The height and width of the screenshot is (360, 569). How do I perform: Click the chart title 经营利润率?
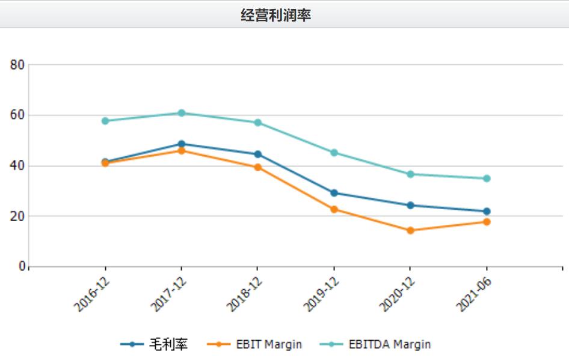[x=275, y=15]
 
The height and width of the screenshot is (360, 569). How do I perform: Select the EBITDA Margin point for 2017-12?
[x=181, y=113]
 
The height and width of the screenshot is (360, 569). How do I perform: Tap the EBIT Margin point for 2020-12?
[x=410, y=230]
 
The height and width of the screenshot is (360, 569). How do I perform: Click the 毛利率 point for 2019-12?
[x=334, y=193]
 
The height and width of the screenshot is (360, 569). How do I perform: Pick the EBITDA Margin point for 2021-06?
[x=487, y=178]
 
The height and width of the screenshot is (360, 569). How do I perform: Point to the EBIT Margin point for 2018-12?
[x=257, y=167]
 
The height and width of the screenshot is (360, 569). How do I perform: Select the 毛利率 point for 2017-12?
[x=181, y=144]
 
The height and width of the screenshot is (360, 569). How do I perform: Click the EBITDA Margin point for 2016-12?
[x=105, y=121]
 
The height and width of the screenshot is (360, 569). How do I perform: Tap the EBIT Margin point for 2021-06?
[x=487, y=222]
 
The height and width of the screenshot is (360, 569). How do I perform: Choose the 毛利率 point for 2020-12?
[x=410, y=205]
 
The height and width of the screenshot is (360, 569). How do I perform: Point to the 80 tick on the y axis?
[x=17, y=65]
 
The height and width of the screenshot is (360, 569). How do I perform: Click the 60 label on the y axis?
[x=17, y=115]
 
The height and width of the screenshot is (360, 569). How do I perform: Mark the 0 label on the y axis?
[x=22, y=267]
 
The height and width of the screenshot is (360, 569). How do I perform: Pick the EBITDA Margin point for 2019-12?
[x=334, y=153]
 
